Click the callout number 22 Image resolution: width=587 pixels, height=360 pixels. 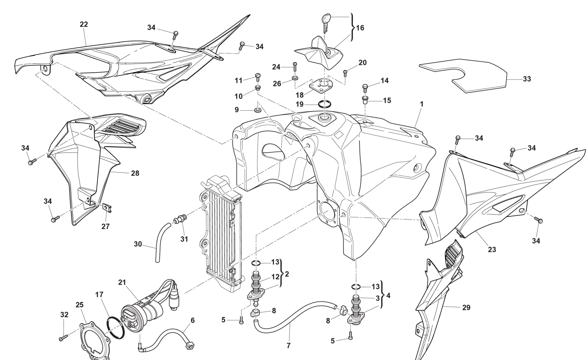[x=84, y=24]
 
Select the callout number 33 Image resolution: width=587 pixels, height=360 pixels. [x=527, y=79]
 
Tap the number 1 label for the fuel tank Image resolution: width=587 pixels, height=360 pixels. [x=421, y=104]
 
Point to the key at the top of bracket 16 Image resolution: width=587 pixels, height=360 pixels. [x=326, y=21]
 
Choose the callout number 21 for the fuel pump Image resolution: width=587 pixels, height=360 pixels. [x=122, y=282]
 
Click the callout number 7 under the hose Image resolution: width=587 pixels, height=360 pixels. [x=288, y=346]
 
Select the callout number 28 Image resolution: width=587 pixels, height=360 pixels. [x=135, y=173]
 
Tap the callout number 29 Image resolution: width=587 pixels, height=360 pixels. [x=466, y=307]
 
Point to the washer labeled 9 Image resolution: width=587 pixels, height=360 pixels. [x=258, y=110]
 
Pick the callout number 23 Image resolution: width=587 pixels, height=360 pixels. [x=492, y=249]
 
